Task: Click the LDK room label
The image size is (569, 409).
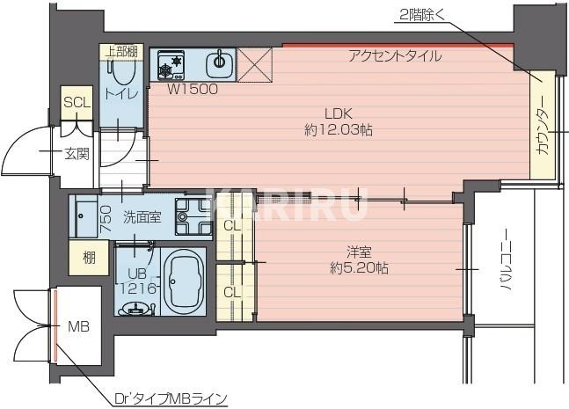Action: [x=339, y=113]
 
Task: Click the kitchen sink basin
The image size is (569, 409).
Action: [x=219, y=62]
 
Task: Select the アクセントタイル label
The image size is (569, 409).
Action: [x=394, y=56]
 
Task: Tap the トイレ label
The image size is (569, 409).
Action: [x=119, y=93]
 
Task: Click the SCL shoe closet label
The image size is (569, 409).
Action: [x=77, y=102]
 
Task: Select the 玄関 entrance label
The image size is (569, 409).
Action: [x=76, y=154]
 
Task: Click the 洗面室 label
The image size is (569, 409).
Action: [x=141, y=215]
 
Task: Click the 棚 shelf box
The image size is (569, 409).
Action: [x=90, y=258]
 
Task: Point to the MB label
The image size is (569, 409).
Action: [x=79, y=325]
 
